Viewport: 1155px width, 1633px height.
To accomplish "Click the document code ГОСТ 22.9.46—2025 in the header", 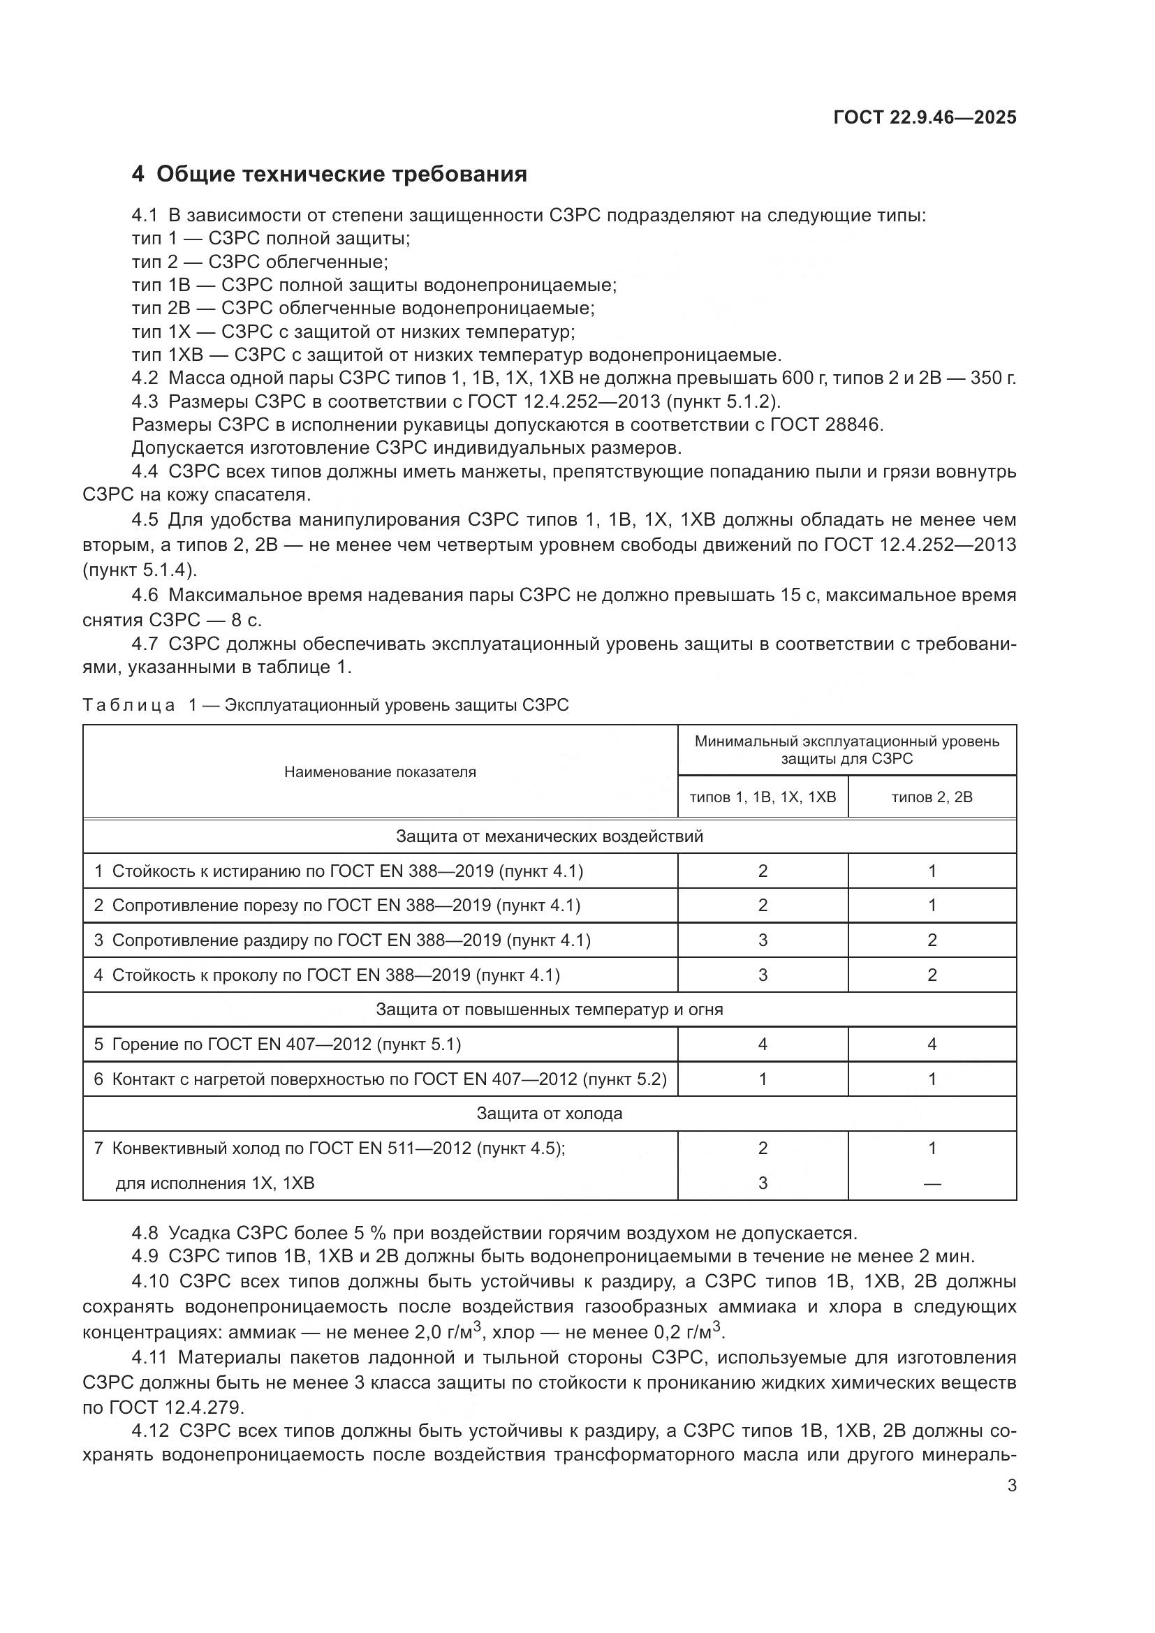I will (x=924, y=117).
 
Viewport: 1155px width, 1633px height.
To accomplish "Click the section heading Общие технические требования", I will (x=341, y=175).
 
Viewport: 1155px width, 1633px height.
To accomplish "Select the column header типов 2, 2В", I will (x=932, y=797).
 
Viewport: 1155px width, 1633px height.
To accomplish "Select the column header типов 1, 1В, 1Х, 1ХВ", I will (x=763, y=797).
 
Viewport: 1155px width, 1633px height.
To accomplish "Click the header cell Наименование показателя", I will (x=380, y=772).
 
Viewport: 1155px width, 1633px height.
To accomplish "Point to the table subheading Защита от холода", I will (x=549, y=1113).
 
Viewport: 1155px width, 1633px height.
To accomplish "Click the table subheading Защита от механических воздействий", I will (x=549, y=836).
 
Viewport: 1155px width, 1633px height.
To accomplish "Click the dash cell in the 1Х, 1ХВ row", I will (x=932, y=1183).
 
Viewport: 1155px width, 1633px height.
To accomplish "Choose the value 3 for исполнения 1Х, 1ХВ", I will (x=763, y=1183).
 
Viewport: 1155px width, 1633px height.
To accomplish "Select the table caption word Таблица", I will (x=128, y=705).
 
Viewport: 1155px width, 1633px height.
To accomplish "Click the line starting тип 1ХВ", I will (x=455, y=354).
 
